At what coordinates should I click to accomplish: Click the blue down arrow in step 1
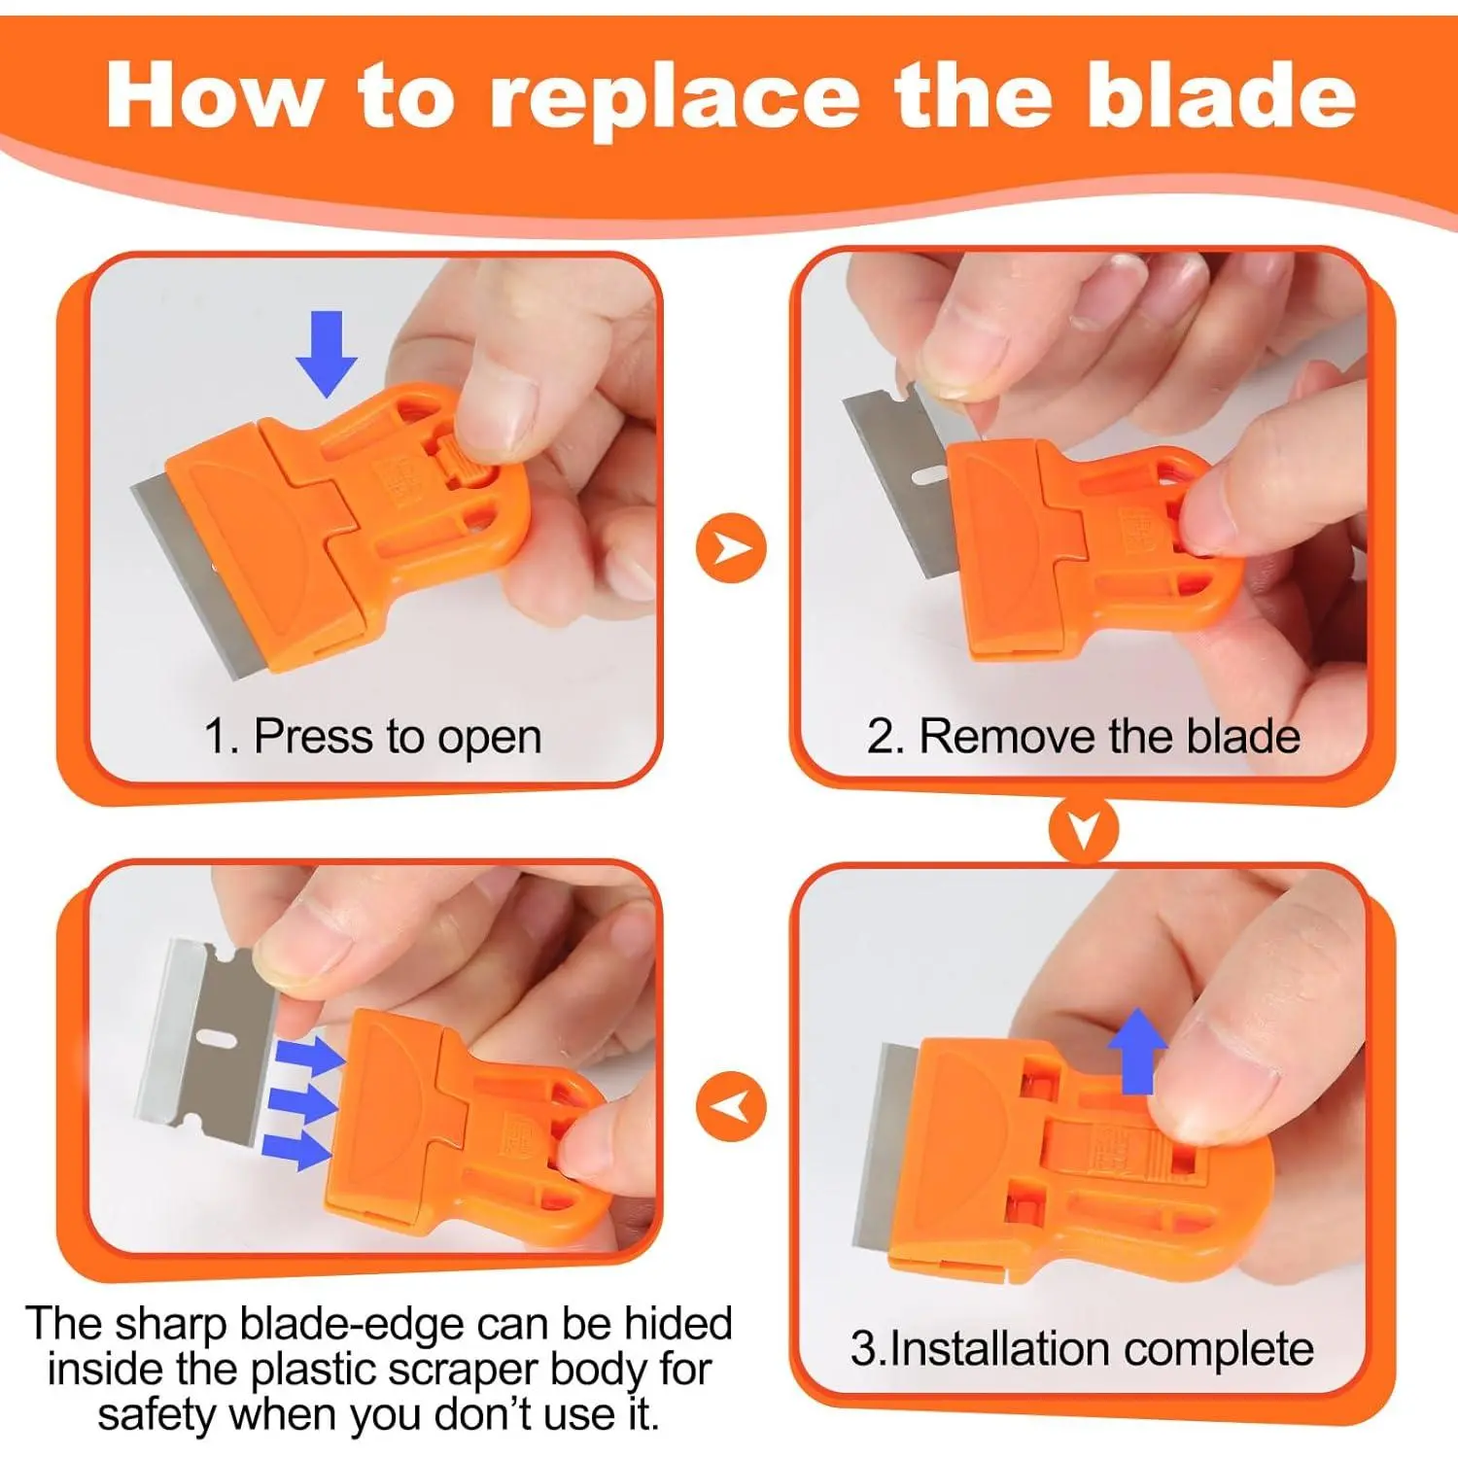pyautogui.click(x=327, y=354)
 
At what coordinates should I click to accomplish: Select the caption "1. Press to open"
pyautogui.click(x=372, y=737)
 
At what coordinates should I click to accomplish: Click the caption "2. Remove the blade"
pyautogui.click(x=1084, y=736)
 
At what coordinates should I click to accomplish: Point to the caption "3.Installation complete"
pyautogui.click(x=1082, y=1348)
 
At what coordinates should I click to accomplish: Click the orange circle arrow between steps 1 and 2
pyautogui.click(x=731, y=548)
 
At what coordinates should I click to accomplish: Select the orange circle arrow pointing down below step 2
pyautogui.click(x=1083, y=829)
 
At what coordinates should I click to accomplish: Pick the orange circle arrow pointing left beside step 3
pyautogui.click(x=731, y=1106)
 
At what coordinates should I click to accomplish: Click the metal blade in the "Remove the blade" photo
pyautogui.click(x=899, y=476)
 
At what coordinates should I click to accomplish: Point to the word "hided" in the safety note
pyautogui.click(x=678, y=1324)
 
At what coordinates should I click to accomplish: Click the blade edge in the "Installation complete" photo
pyautogui.click(x=880, y=1147)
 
